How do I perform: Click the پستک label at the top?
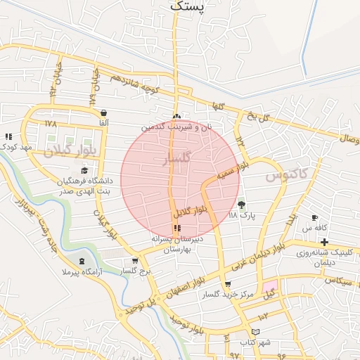(188, 6)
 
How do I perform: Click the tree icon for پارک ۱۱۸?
(243, 205)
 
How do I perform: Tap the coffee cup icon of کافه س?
(314, 218)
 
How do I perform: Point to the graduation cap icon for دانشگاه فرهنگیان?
(85, 171)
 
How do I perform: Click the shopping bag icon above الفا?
(104, 112)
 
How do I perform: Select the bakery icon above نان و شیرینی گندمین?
(176, 117)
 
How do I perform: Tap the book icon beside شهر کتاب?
(255, 331)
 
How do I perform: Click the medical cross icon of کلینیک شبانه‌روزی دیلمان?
(323, 243)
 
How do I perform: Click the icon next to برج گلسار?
(135, 261)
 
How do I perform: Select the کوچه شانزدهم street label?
(134, 84)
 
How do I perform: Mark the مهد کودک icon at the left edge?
(8, 136)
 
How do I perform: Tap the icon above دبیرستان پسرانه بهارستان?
(176, 228)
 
